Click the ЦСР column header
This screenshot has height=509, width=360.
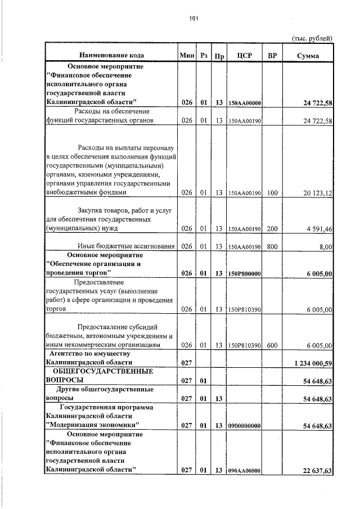pos(244,56)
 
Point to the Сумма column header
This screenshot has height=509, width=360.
pos(308,56)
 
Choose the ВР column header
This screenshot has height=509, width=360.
pos(272,56)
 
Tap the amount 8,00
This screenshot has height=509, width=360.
pos(325,246)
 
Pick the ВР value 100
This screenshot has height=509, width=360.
pos(272,193)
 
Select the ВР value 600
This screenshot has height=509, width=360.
pos(272,345)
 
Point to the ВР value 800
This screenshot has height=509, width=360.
pos(272,246)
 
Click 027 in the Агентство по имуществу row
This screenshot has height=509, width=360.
pos(187,363)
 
